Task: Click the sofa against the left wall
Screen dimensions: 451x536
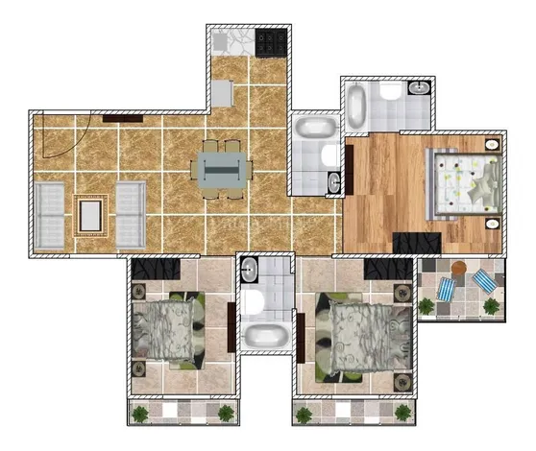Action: (50, 213)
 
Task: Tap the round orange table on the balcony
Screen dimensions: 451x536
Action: (460, 268)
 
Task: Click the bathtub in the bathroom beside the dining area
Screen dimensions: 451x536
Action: (313, 128)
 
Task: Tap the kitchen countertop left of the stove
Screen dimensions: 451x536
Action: (231, 42)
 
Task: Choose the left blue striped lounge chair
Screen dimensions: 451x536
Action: (448, 289)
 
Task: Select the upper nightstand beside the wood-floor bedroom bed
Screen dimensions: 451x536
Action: (493, 145)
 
